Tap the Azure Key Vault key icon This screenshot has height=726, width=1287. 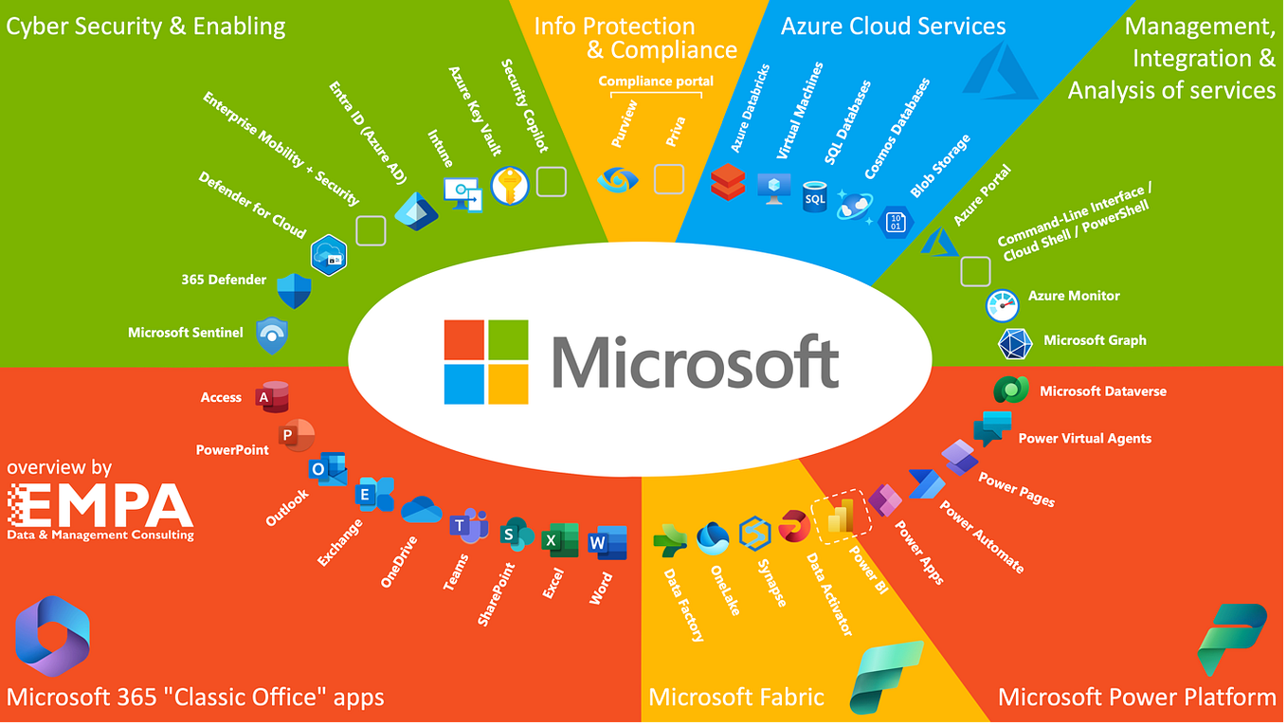pyautogui.click(x=510, y=187)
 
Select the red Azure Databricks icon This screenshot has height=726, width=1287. pyautogui.click(x=729, y=181)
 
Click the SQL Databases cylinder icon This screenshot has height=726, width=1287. pyautogui.click(x=814, y=197)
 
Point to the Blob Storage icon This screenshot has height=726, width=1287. pyautogui.click(x=897, y=222)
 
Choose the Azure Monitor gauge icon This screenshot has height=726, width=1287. pyautogui.click(x=1002, y=305)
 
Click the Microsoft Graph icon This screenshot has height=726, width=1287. pyautogui.click(x=1015, y=343)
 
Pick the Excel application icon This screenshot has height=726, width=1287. pyautogui.click(x=560, y=540)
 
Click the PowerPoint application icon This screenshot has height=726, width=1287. pyautogui.click(x=288, y=435)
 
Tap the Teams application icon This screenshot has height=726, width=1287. pyautogui.click(x=468, y=525)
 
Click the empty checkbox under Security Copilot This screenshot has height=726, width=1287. pyautogui.click(x=551, y=181)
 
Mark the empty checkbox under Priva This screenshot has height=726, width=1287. pyautogui.click(x=669, y=179)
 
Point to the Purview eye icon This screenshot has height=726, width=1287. pyautogui.click(x=618, y=179)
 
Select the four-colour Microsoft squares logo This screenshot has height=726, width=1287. pyautogui.click(x=486, y=361)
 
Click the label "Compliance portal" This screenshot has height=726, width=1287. pyautogui.click(x=656, y=82)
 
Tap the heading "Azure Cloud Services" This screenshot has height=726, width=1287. pyautogui.click(x=893, y=27)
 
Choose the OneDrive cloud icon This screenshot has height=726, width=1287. pyautogui.click(x=422, y=511)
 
